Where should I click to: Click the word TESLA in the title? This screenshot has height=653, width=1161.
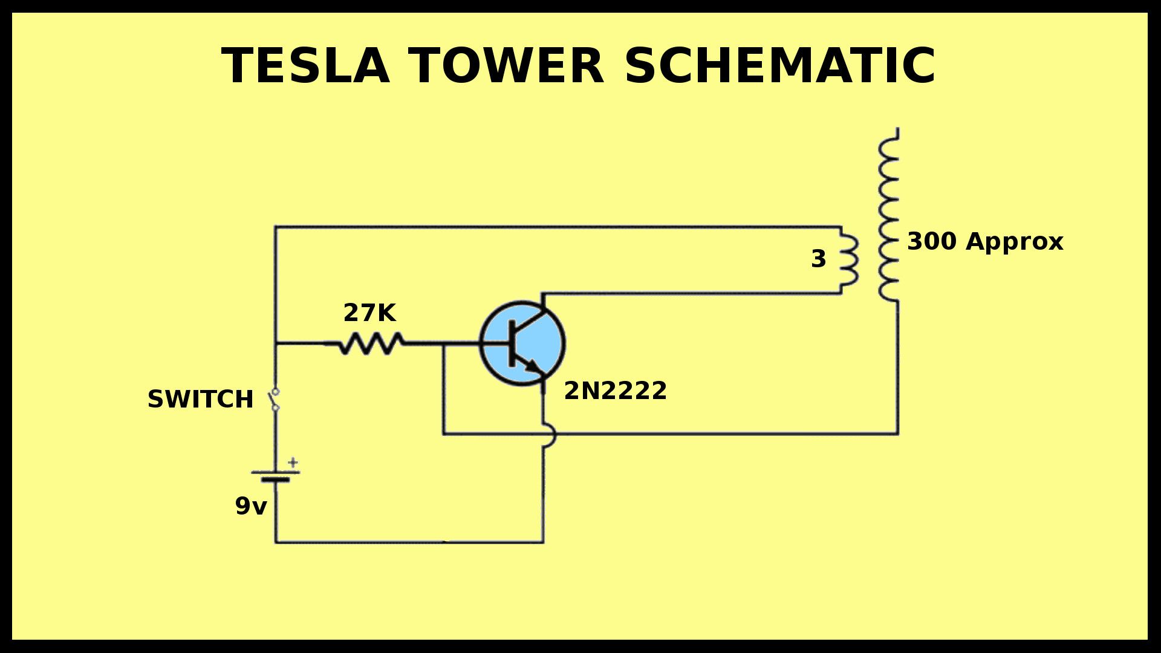305,65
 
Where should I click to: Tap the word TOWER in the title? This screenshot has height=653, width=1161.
507,65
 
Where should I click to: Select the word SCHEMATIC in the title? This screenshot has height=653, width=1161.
780,65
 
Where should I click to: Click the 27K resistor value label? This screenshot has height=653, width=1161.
369,313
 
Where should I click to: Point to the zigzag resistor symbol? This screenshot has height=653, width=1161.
370,343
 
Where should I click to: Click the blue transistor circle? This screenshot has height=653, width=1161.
522,343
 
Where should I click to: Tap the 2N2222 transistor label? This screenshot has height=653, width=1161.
615,391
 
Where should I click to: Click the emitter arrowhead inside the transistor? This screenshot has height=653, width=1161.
532,365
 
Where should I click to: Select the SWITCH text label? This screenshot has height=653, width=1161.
200,400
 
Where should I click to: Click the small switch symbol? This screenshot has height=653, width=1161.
275,400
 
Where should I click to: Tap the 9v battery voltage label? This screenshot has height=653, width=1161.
250,506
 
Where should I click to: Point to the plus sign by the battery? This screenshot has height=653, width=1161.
293,463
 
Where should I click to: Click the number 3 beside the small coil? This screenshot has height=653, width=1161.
818,259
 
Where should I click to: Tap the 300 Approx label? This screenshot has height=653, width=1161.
984,241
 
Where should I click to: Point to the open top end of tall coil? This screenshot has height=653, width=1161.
897,130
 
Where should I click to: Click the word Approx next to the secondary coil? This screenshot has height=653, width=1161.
1014,242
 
